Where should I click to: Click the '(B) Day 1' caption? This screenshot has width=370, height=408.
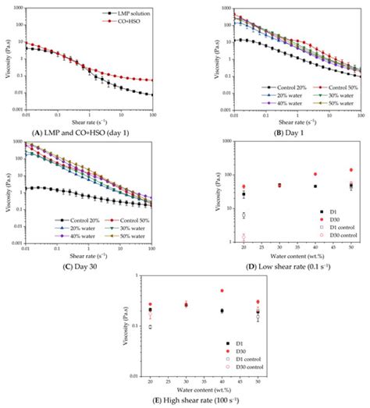279,124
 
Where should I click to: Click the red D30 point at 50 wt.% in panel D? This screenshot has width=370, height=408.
351,169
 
